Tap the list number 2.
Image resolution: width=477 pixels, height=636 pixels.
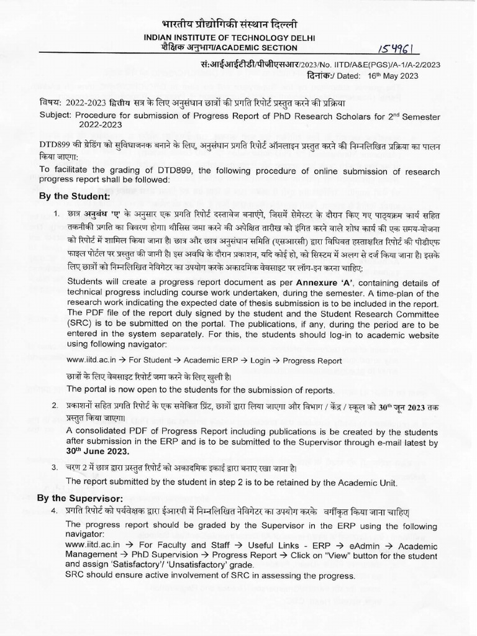(x=55, y=405)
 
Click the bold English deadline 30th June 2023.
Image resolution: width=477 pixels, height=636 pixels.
(x=98, y=452)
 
